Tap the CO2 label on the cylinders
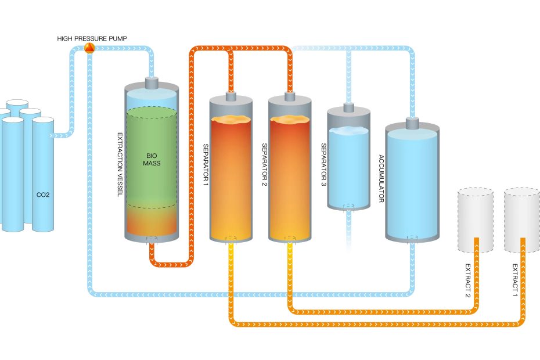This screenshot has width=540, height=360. point(43,195)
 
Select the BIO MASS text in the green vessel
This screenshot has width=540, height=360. point(152,159)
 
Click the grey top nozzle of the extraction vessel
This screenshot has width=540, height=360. point(152,82)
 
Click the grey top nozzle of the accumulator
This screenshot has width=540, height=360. point(412,123)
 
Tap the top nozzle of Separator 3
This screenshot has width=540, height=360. point(348,107)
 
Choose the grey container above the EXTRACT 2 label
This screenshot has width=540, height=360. point(475,219)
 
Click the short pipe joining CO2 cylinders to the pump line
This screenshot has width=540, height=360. point(63,135)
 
